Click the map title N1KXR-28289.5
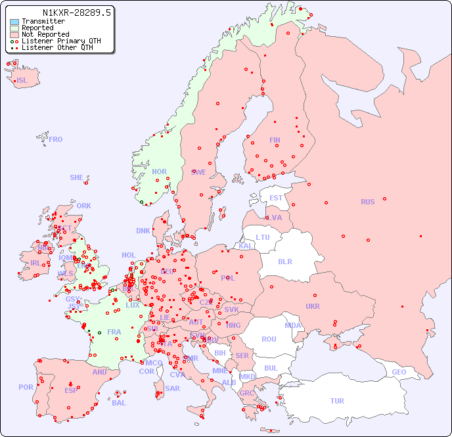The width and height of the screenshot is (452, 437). point(77,12)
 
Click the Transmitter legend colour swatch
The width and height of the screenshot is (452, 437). point(14,22)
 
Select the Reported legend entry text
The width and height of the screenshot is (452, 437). point(37,28)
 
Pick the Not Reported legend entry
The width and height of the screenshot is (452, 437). point(45,35)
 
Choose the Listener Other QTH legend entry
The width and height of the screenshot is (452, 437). point(57,48)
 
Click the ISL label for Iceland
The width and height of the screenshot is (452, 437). point(22,81)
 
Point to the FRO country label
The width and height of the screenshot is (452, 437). point(56,139)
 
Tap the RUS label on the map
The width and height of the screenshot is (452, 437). point(367,202)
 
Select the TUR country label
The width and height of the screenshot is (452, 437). point(337,401)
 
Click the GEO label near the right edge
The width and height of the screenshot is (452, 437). point(399,372)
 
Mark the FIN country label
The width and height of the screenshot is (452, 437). point(275,140)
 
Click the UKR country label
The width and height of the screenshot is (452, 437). point(313,306)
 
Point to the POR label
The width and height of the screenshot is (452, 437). point(26,387)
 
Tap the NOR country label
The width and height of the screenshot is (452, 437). point(159,172)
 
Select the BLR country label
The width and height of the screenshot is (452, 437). point(285,261)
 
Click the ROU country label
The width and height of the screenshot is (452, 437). point(269,339)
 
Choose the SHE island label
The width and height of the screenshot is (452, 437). point(77,177)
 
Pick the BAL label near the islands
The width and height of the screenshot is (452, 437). point(118,403)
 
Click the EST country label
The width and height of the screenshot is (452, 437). point(276,198)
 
